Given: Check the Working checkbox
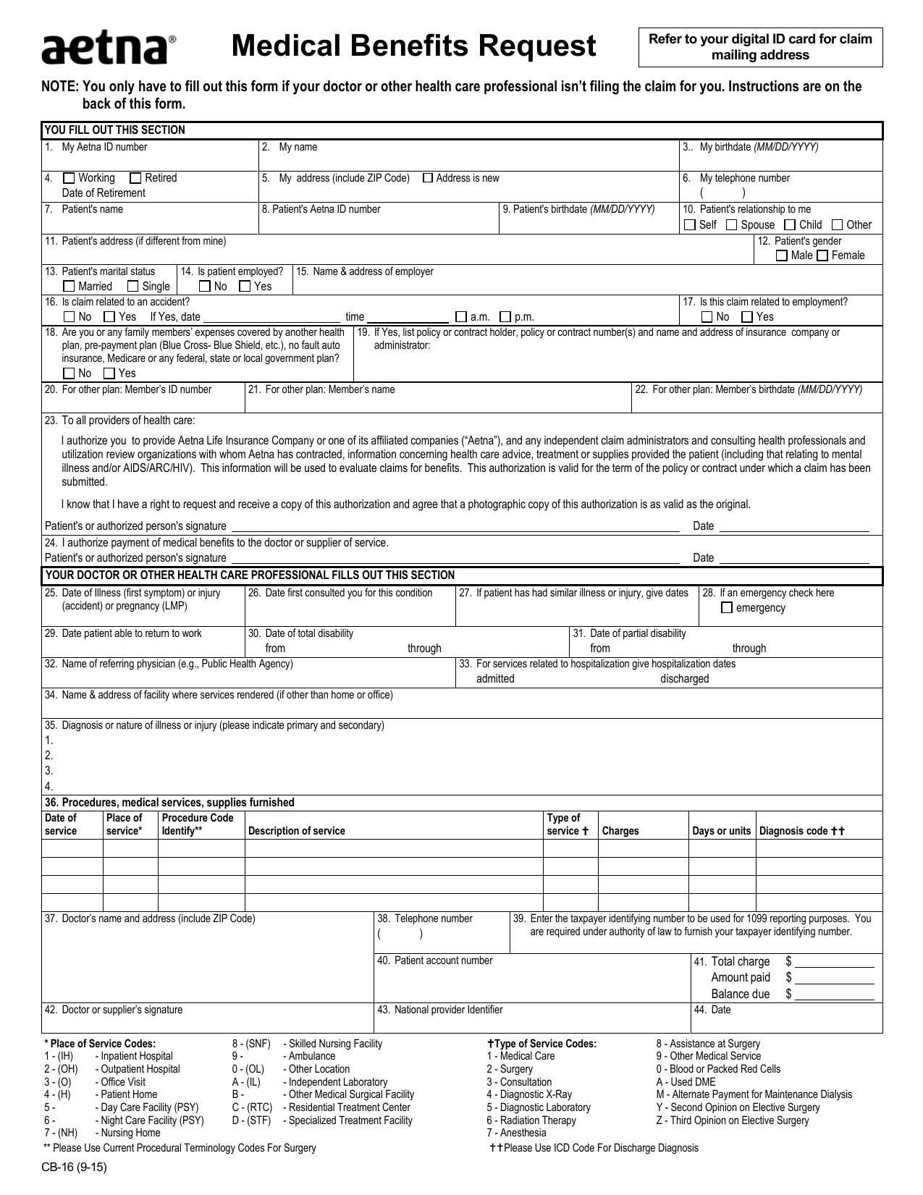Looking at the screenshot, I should tap(69, 178).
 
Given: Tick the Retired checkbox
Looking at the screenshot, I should tap(135, 178).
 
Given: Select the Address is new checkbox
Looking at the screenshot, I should tap(428, 178).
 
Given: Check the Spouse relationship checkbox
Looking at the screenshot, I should tap(732, 225).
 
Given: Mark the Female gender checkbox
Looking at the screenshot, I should tap(822, 256).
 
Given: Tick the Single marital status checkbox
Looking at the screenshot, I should tap(133, 287).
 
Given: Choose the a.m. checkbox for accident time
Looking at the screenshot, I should tap(461, 317).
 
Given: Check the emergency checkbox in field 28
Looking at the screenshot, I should tap(727, 608).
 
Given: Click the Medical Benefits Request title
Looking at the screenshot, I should tap(413, 47).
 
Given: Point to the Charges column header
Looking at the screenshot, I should tap(620, 831).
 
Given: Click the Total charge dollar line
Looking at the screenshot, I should tap(835, 963).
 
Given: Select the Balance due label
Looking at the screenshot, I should tap(740, 994).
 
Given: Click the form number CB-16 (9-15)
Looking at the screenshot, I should tap(75, 1166).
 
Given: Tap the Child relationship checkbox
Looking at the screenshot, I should tap(791, 225).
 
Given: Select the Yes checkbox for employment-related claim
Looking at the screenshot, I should tap(748, 317).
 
